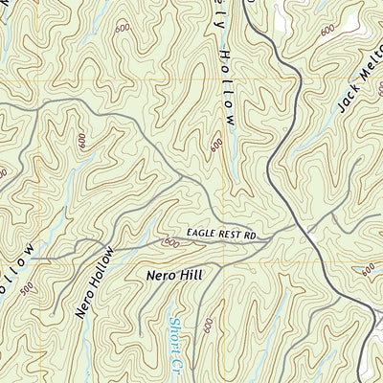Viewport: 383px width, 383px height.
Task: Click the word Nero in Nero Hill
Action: click(163, 275)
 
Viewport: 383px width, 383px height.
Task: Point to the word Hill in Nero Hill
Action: click(191, 275)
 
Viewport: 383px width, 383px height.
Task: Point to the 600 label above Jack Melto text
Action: click(328, 31)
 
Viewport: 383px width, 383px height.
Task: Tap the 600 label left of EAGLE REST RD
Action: click(171, 243)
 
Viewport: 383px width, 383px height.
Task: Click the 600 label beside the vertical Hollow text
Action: click(216, 146)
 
